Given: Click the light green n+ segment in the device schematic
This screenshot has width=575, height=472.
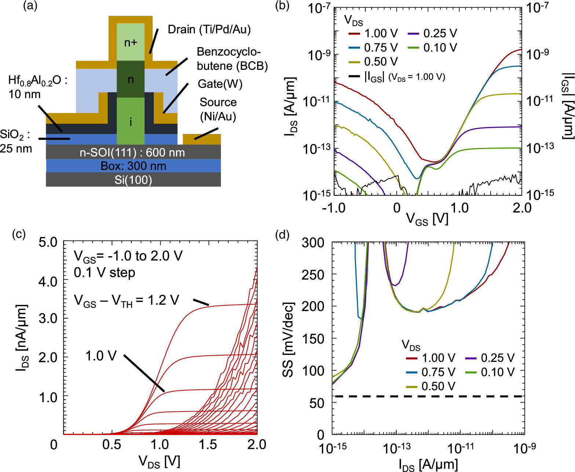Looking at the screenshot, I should click(130, 42).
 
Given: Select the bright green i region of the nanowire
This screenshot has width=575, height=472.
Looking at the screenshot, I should click(130, 121).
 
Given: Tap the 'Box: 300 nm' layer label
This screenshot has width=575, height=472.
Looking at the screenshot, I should click(133, 166).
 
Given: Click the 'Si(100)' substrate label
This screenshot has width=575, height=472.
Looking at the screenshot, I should click(133, 180).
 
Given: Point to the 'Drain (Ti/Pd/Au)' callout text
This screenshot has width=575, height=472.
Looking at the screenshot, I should click(209, 29).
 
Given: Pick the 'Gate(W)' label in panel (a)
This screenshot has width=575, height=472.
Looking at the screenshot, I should click(220, 84).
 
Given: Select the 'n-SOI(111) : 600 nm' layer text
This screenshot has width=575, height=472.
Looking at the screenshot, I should click(132, 152).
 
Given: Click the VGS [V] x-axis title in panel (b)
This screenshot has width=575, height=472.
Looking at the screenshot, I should click(427, 219).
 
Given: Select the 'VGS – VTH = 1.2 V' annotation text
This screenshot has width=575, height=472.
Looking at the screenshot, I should click(127, 301).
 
